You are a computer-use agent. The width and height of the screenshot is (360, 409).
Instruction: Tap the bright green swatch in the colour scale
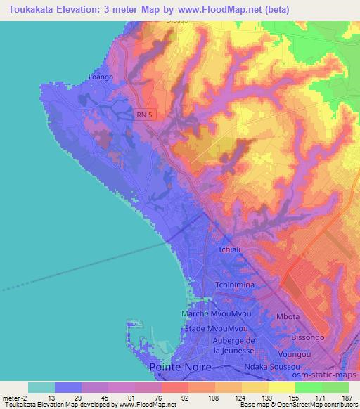[x=308, y=387]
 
